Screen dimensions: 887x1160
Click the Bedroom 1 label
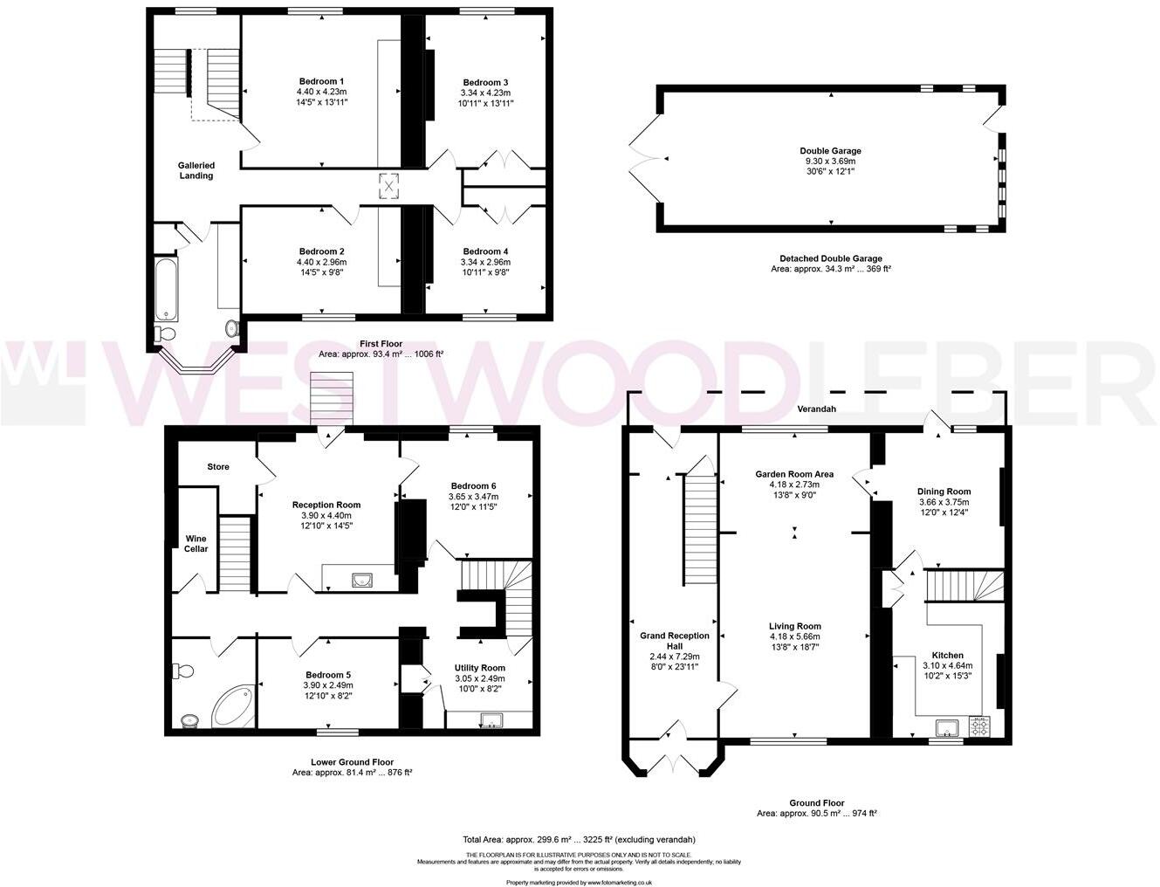[321, 81]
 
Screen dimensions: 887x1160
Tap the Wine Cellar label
[196, 543]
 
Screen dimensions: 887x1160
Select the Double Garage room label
[831, 151]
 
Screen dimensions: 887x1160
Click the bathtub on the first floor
[165, 288]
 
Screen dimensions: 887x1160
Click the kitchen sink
[944, 725]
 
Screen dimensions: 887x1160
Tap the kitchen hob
[979, 725]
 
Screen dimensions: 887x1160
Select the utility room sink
[491, 720]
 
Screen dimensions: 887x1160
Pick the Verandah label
[816, 409]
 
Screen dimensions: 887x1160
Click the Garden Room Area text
[794, 474]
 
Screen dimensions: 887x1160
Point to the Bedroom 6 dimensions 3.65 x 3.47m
[474, 497]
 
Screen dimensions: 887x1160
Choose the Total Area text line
[579, 839]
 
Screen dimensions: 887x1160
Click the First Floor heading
[381, 344]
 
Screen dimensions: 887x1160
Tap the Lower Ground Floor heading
[352, 761]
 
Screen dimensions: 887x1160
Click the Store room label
[218, 467]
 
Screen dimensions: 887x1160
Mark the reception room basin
[361, 578]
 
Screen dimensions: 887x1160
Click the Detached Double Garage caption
[830, 258]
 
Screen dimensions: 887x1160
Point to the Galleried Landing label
[196, 170]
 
